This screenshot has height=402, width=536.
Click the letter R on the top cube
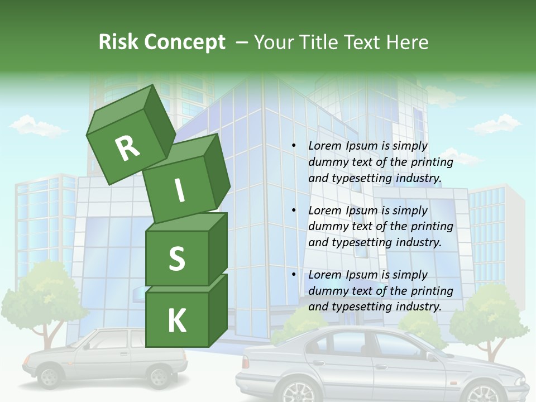[127, 148]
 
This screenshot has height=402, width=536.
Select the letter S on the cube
[176, 259]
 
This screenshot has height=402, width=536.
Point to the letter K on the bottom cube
[176, 321]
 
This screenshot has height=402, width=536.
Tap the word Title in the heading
[319, 42]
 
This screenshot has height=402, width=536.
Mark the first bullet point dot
[294, 146]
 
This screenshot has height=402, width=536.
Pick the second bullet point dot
[294, 210]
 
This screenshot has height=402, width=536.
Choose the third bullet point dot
[294, 275]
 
